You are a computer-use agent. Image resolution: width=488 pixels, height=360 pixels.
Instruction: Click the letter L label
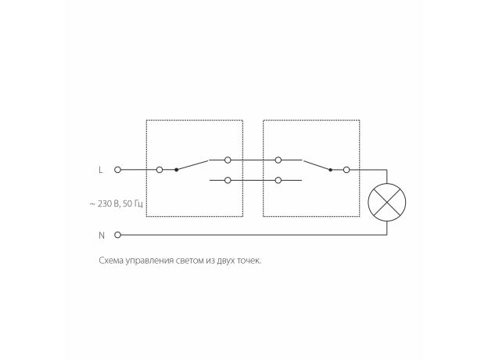click(x=101, y=170)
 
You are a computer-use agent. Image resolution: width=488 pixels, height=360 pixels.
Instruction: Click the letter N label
click(x=102, y=236)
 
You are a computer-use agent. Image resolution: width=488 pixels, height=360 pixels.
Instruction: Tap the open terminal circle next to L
click(x=117, y=170)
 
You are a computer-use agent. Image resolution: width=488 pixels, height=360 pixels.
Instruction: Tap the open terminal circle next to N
click(x=117, y=235)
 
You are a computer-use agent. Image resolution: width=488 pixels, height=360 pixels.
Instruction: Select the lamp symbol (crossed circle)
click(x=387, y=203)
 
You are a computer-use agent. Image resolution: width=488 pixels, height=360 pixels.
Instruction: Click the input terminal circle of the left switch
click(x=160, y=170)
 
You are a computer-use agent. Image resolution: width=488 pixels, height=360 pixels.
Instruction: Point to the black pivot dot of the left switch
click(x=177, y=170)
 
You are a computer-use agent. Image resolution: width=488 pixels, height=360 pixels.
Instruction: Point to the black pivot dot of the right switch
click(x=331, y=170)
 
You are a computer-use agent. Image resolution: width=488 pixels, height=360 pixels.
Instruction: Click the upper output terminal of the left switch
click(x=228, y=160)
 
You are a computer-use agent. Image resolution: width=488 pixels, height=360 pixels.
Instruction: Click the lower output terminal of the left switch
click(x=228, y=180)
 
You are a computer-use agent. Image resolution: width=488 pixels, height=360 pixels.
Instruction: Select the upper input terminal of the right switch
click(x=278, y=160)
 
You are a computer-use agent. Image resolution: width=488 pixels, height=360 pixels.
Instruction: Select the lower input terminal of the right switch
click(x=278, y=180)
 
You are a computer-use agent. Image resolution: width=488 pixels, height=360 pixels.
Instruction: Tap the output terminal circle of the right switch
click(x=346, y=170)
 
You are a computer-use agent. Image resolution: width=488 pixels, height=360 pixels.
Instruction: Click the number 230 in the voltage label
click(x=104, y=203)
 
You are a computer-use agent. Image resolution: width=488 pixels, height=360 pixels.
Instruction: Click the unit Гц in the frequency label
click(x=138, y=204)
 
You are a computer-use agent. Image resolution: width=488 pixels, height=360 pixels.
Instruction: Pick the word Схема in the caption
click(x=111, y=261)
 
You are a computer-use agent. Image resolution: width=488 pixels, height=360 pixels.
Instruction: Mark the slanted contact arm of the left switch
click(x=192, y=165)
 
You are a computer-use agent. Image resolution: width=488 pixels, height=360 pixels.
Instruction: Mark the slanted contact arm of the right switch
click(x=318, y=165)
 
